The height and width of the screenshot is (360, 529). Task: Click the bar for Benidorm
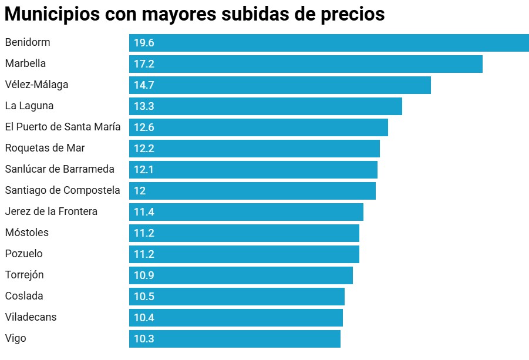coord(329,43)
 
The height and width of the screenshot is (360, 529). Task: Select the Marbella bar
coord(305,64)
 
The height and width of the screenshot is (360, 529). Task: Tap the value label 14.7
coord(144,85)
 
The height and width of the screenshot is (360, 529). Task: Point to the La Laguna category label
coord(29,106)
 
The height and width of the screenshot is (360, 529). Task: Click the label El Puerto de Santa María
coord(63,127)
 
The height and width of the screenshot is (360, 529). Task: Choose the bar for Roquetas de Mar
coord(254,149)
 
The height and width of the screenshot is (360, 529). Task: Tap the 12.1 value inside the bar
coord(144,170)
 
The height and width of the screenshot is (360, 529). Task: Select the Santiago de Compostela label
coord(62,190)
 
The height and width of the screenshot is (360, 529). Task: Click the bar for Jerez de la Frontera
coord(246,212)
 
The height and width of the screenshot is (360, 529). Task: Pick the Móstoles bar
coord(244,233)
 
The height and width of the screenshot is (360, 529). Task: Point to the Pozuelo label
coord(23,254)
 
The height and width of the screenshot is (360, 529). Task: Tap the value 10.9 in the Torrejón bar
coord(144,275)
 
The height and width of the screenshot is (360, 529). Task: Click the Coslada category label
coord(24,296)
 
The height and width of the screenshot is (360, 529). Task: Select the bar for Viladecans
coord(235,318)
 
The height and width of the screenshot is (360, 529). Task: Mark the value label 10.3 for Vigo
coord(144,339)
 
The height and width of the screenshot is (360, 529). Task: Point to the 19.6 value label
coord(144,43)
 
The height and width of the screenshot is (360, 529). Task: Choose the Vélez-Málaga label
coord(36,85)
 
